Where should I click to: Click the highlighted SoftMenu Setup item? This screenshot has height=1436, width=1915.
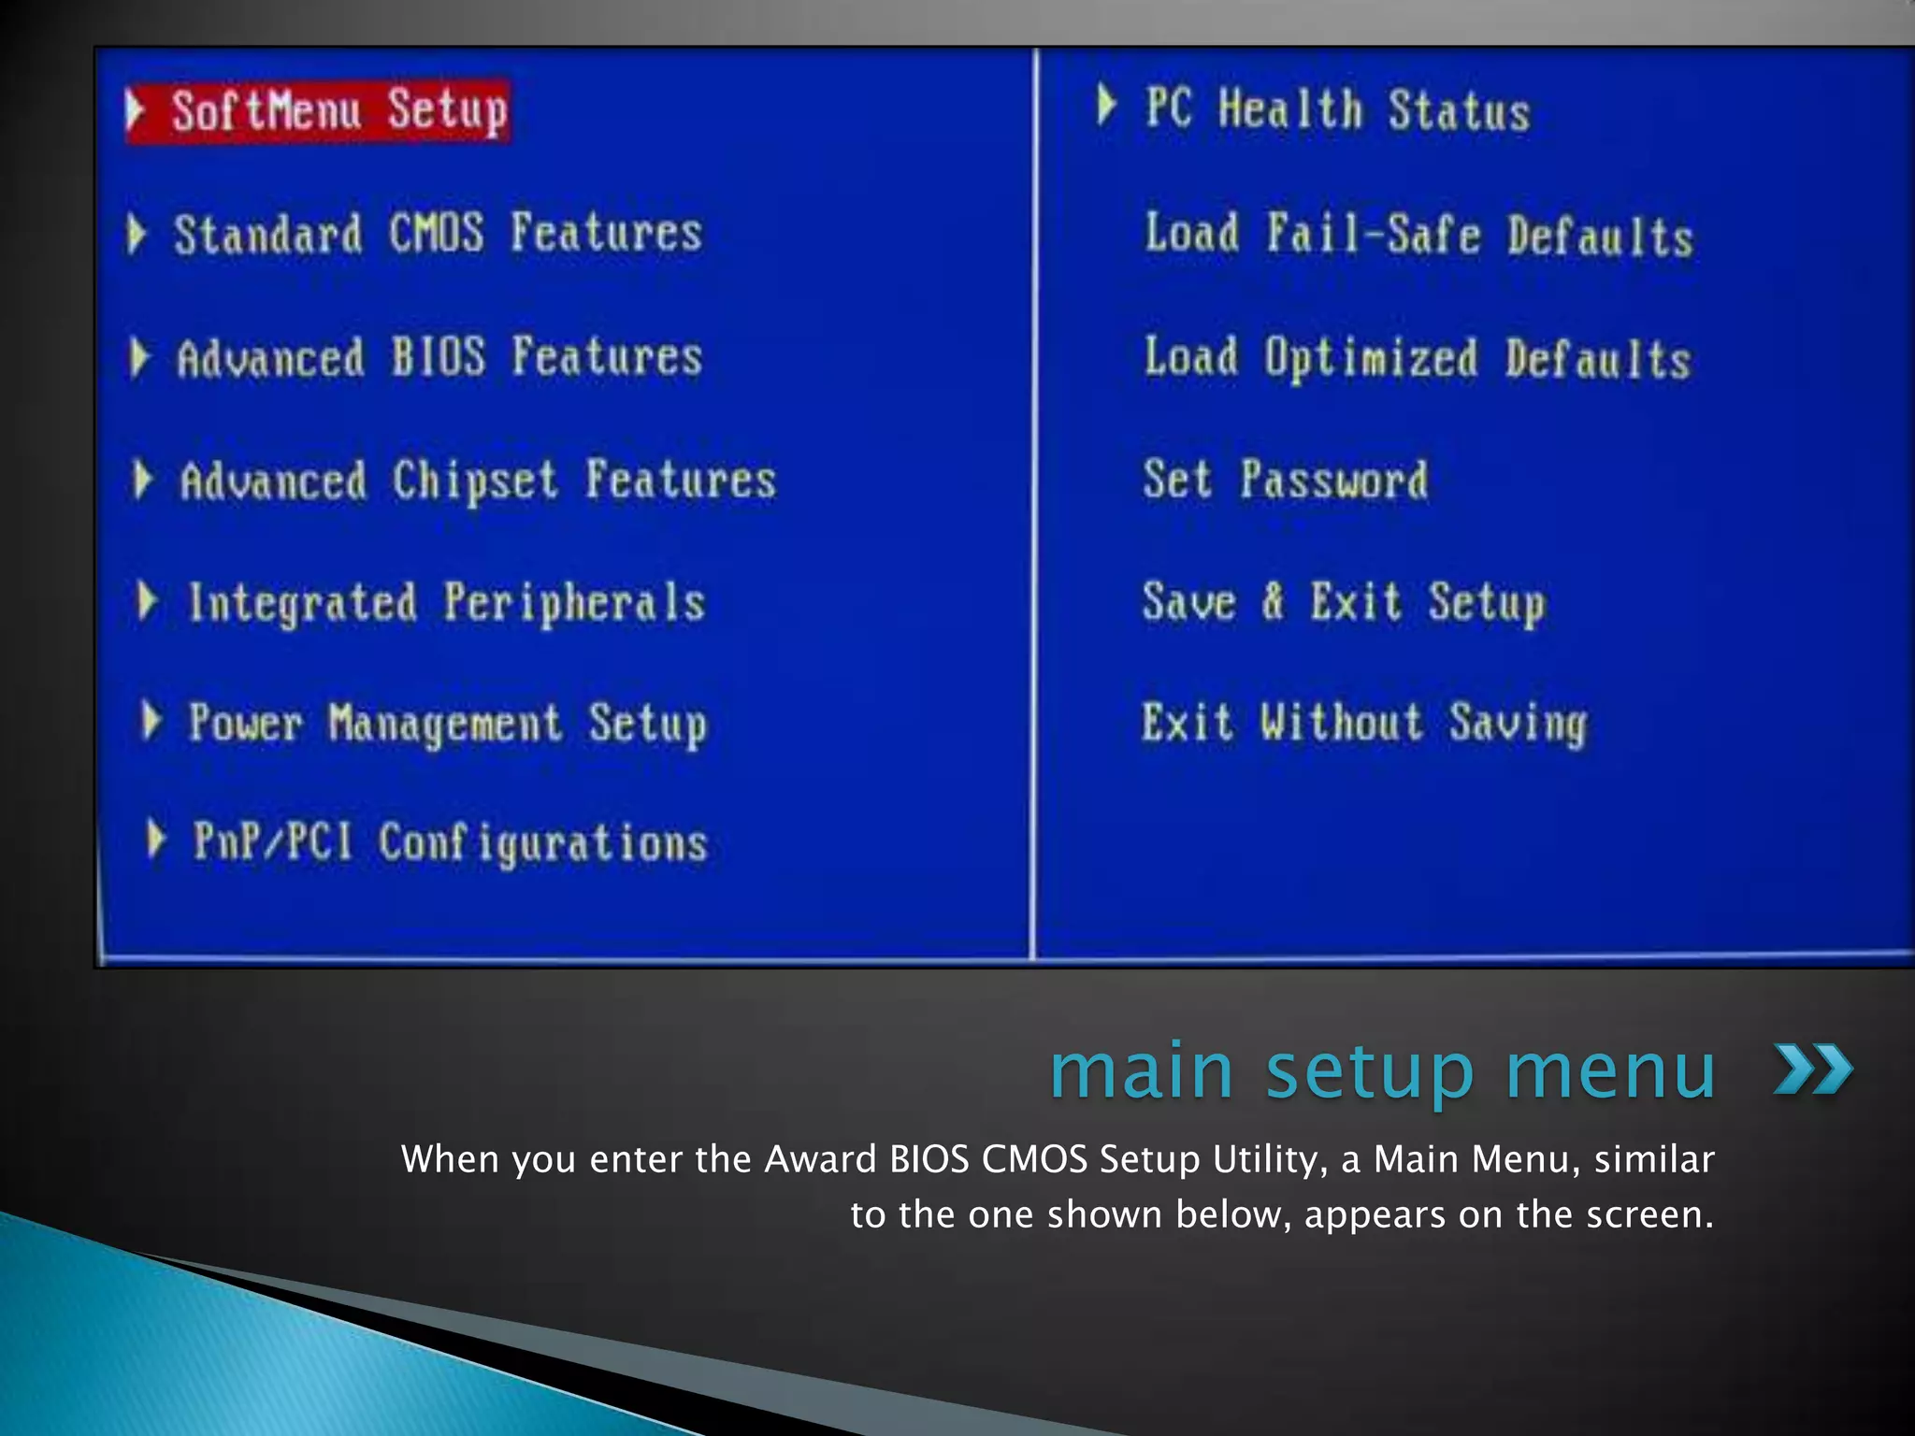338,111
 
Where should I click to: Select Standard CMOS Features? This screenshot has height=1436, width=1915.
437,234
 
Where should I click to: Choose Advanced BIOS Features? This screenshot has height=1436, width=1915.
439,358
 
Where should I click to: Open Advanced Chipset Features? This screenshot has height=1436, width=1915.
477,481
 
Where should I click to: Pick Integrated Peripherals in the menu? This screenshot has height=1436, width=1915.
446,602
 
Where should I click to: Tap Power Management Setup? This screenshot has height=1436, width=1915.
447,724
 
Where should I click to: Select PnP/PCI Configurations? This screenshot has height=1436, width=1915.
450,842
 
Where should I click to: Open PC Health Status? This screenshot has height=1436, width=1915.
1337,110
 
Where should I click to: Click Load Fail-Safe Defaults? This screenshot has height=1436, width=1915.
1418,234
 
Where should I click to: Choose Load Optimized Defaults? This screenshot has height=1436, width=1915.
1418,359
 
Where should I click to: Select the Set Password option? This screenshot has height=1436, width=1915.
1285,481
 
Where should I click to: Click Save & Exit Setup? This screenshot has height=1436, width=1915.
1343,602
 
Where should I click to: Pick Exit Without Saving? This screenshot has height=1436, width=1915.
1363,724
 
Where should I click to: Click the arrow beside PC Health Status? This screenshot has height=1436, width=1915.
1107,106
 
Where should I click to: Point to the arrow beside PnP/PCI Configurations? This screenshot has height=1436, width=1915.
156,840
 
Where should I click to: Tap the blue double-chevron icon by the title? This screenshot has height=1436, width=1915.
1812,1070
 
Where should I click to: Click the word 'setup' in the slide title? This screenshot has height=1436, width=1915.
1370,1071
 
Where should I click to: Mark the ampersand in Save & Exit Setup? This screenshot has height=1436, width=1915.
1272,601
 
